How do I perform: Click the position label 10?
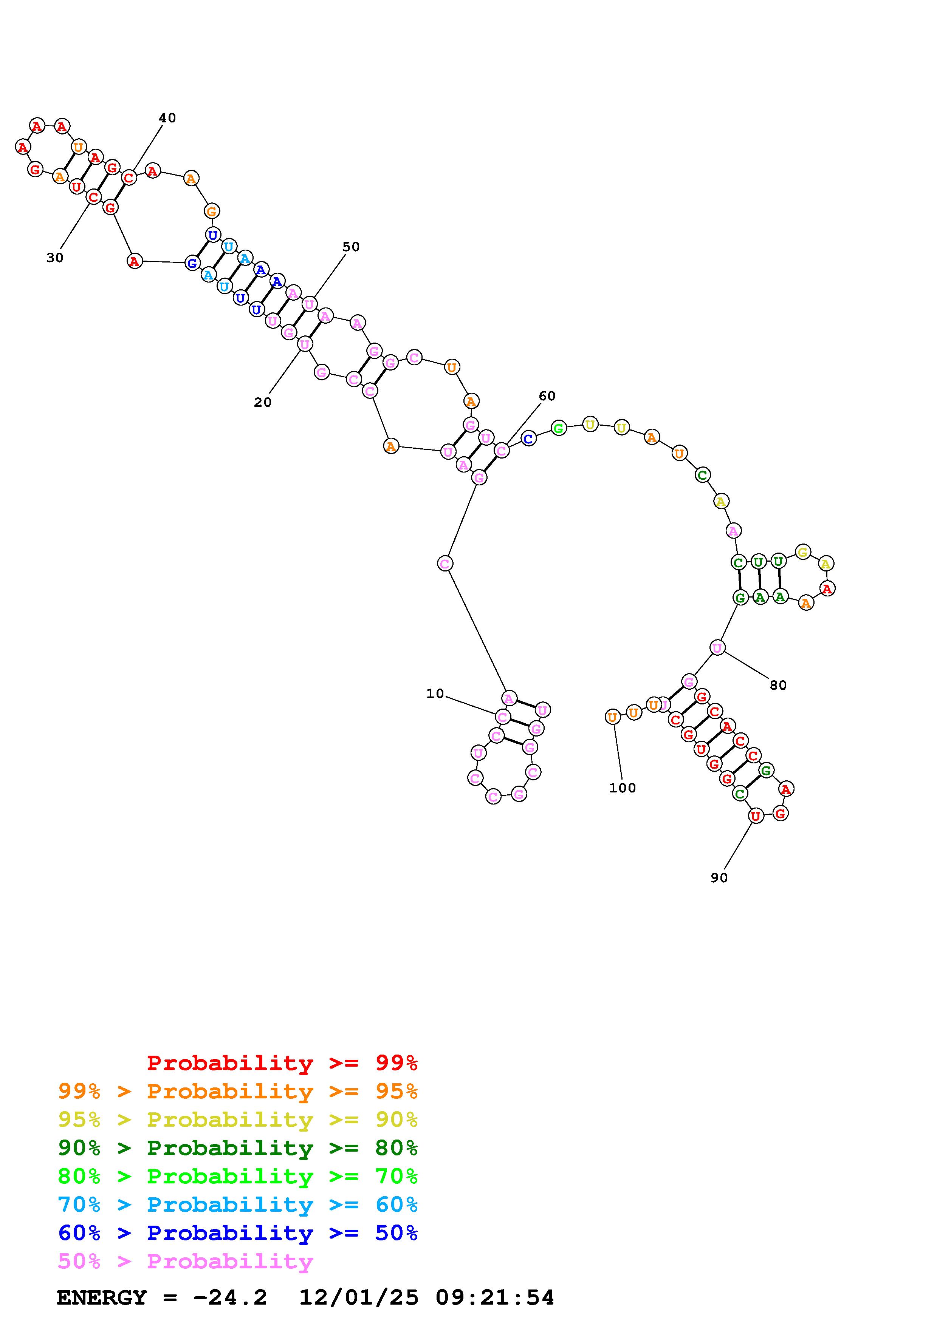(x=435, y=694)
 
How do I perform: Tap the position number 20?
(x=263, y=403)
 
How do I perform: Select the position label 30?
(x=55, y=258)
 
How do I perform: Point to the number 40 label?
(x=167, y=118)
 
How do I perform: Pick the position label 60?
(x=547, y=396)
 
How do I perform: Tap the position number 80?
(x=778, y=685)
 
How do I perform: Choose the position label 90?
(x=719, y=878)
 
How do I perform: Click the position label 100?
(x=623, y=788)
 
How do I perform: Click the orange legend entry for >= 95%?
(x=238, y=1091)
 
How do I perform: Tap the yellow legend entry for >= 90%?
(x=238, y=1120)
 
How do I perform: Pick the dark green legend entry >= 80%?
(x=238, y=1148)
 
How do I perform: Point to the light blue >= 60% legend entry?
(x=238, y=1205)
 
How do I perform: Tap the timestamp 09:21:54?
(x=495, y=1298)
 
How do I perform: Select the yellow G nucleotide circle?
(x=802, y=552)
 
